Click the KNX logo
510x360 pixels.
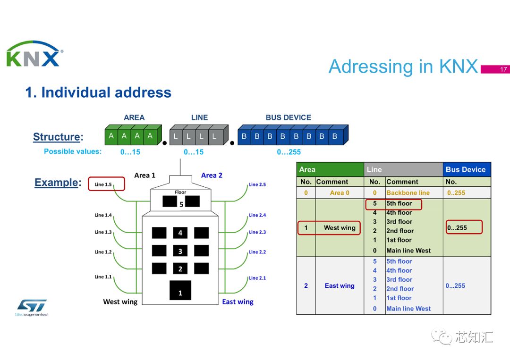34,54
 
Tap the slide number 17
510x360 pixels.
503,69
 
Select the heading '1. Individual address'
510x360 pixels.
98,92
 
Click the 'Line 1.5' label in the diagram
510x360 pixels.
103,184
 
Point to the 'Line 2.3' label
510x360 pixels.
257,232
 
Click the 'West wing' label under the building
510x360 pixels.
120,302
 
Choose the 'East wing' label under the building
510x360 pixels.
238,302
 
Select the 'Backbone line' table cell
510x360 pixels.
408,193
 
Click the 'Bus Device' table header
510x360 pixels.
466,169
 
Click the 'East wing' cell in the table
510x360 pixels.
340,285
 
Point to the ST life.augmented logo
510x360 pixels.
32,307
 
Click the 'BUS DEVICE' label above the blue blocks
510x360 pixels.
288,117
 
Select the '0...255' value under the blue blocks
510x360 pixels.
289,152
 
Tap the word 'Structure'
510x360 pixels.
56,137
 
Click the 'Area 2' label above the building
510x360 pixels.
212,175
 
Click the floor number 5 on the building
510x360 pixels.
181,204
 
